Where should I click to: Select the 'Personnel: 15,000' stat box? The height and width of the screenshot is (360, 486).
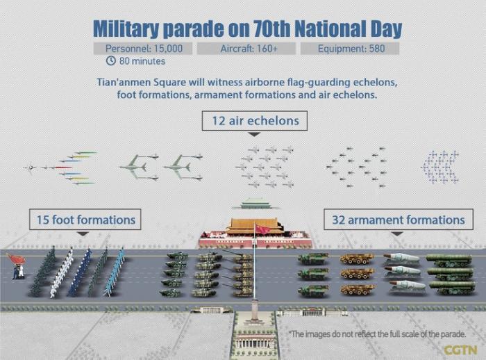tap(143, 49)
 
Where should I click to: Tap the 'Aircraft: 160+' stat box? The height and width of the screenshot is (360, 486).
tap(246, 49)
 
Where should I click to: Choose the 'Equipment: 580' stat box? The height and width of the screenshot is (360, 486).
tap(350, 49)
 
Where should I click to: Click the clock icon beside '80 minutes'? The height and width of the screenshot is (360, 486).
tap(110, 60)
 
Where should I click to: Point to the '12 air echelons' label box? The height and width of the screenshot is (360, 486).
tap(255, 121)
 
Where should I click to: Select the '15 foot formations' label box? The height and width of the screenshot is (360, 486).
tap(85, 220)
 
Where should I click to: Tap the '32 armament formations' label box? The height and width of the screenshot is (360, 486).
tap(399, 220)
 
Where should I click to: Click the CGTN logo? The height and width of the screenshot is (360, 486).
tap(460, 350)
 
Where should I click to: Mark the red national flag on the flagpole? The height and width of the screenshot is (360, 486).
tap(262, 229)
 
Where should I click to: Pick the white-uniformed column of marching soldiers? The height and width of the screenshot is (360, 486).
tap(61, 273)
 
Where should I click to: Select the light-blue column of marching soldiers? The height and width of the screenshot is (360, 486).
tap(115, 272)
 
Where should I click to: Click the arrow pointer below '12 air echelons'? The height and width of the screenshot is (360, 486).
tap(255, 135)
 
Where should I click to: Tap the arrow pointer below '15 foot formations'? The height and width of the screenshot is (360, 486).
tap(83, 234)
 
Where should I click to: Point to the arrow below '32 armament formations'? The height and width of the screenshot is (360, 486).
tap(399, 234)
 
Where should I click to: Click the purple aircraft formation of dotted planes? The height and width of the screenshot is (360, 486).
tap(440, 167)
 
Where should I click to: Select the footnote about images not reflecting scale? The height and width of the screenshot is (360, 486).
tap(378, 334)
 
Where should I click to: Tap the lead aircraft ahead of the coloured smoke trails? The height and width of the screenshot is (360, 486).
tap(30, 168)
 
